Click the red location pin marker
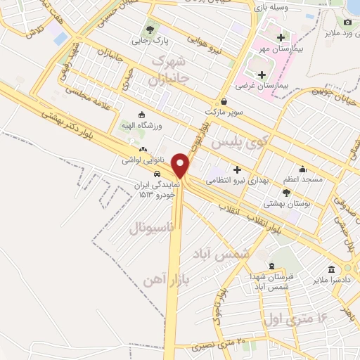click(181, 165)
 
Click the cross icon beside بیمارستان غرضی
click(262, 74)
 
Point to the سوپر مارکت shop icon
click(224, 101)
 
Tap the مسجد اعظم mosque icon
click(302, 169)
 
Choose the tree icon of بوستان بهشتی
click(287, 192)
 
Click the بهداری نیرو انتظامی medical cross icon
click(237, 169)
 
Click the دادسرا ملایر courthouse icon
click(331, 269)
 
